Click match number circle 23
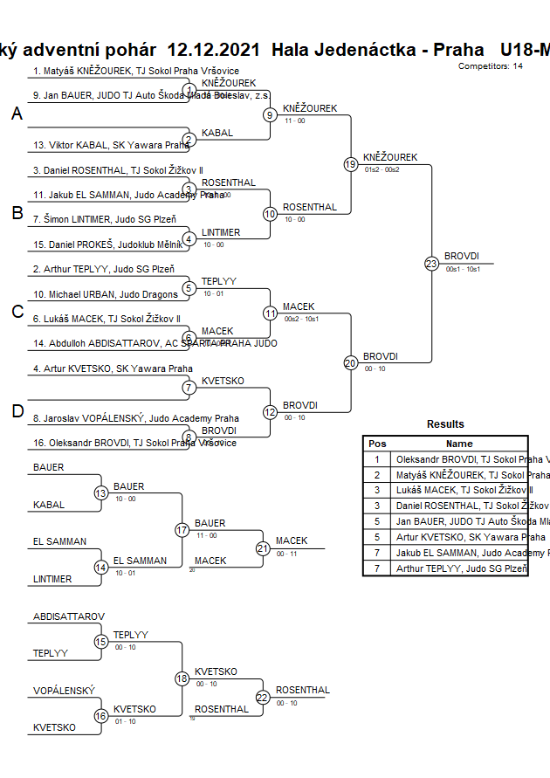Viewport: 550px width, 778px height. (431, 263)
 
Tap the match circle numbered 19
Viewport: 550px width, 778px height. (351, 164)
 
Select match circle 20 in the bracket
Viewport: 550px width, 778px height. (351, 362)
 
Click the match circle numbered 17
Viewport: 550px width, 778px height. (182, 530)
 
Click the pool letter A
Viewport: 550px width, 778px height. (17, 114)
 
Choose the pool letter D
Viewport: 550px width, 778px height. (17, 411)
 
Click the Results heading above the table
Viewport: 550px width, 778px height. (445, 424)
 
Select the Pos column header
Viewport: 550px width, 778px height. (377, 444)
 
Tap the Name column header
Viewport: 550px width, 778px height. (459, 444)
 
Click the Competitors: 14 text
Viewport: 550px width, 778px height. (491, 66)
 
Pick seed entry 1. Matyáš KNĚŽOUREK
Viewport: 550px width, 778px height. (136, 71)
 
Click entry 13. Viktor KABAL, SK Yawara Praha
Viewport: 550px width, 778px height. (111, 145)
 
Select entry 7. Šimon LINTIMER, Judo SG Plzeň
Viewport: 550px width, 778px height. (105, 219)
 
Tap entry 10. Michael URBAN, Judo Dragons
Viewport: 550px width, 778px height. (105, 294)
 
